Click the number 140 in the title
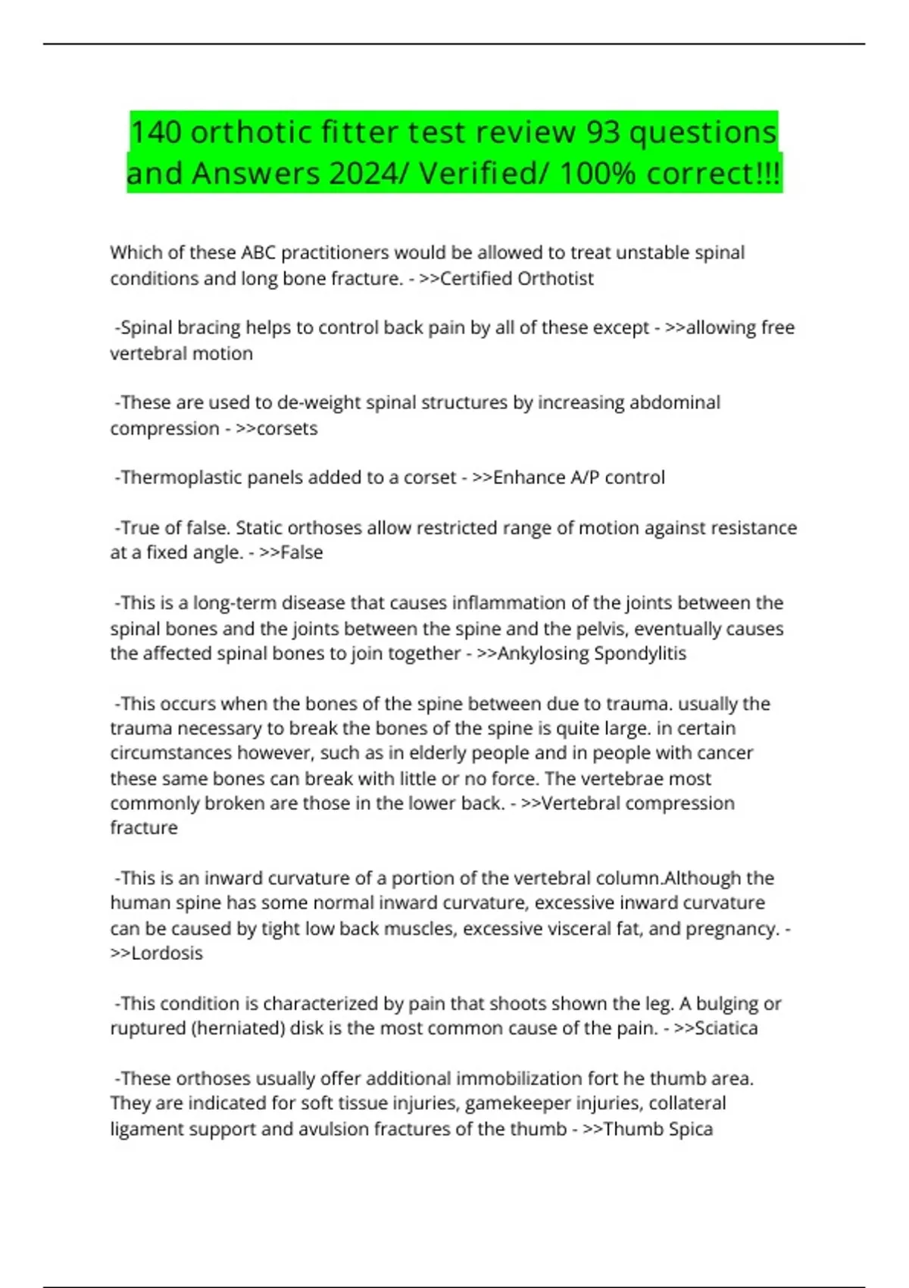coord(156,132)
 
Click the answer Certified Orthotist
coord(517,279)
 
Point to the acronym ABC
coord(258,252)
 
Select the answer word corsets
coord(287,429)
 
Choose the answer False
coord(301,552)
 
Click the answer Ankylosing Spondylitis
coord(592,653)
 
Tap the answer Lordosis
coord(167,953)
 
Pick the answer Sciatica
coord(726,1028)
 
